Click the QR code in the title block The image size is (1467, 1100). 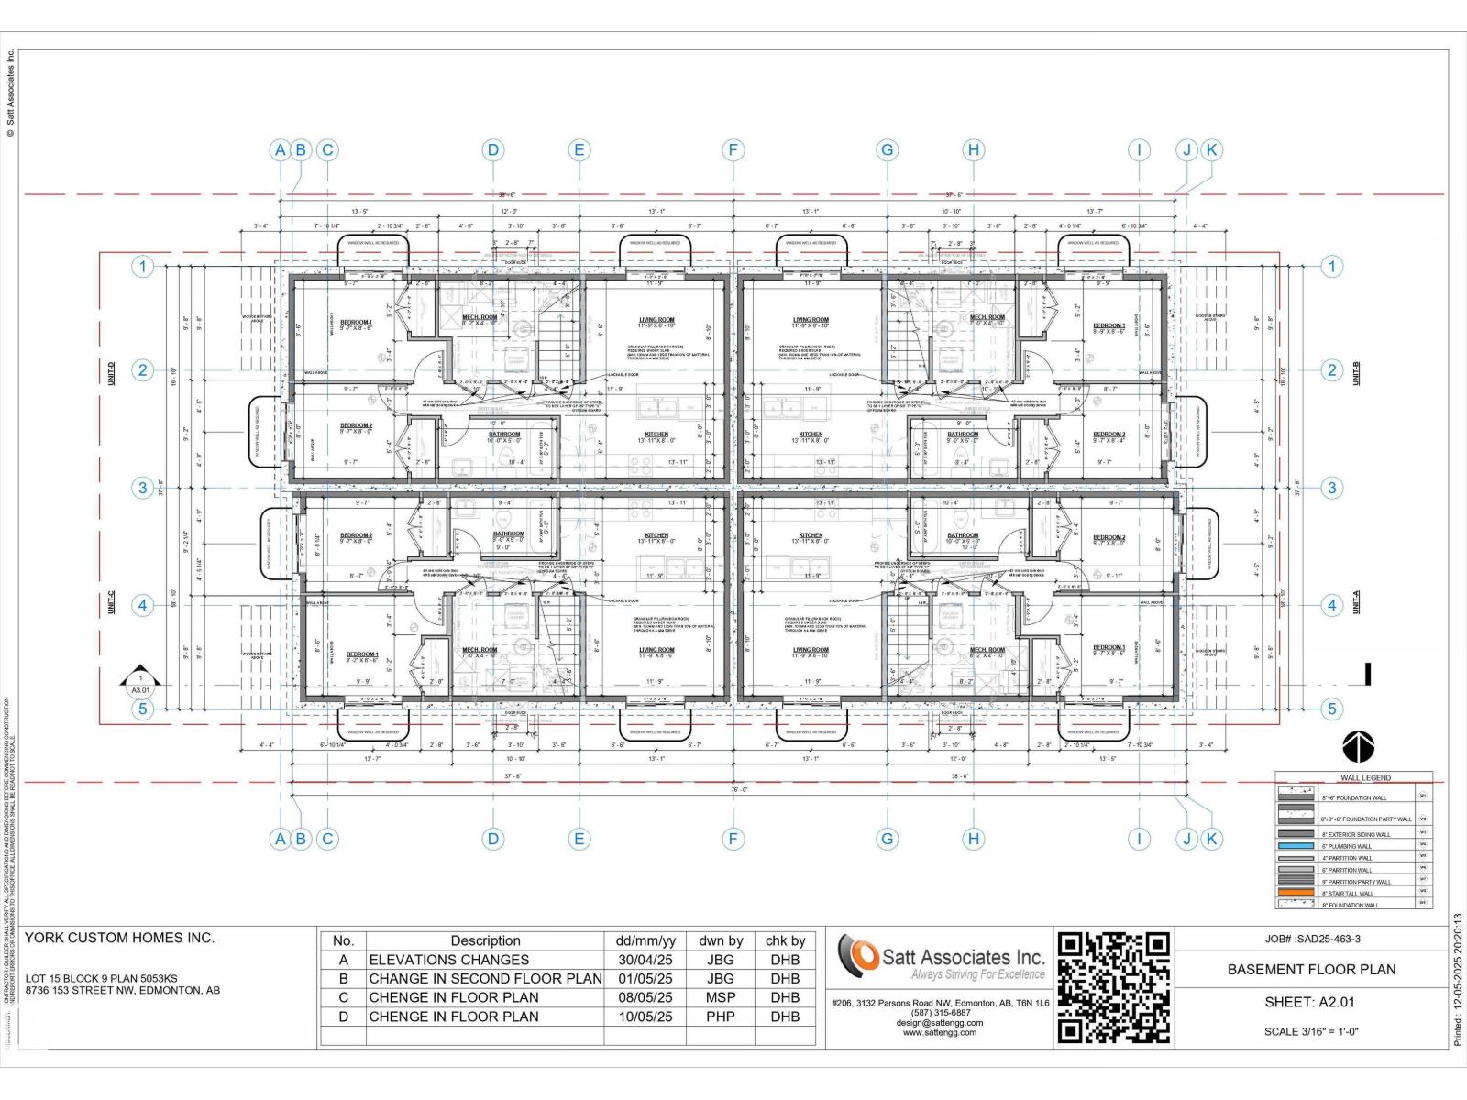[x=1114, y=988]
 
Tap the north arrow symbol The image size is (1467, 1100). [x=1358, y=748]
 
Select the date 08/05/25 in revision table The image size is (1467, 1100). [x=645, y=997]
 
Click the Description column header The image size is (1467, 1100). [x=485, y=940]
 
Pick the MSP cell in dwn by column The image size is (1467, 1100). [x=721, y=997]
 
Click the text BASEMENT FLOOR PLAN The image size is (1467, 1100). [x=1311, y=969]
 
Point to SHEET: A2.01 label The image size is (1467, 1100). [x=1309, y=1002]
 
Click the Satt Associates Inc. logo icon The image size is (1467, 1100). [x=858, y=956]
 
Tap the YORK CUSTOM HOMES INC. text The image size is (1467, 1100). [x=119, y=938]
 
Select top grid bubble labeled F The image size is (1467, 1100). [x=733, y=150]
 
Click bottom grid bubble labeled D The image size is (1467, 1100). [x=493, y=838]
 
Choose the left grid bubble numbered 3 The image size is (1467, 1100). [x=142, y=488]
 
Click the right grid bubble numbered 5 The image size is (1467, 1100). [x=1331, y=709]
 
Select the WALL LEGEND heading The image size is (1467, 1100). [x=1365, y=777]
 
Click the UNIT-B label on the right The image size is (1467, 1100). [x=1356, y=372]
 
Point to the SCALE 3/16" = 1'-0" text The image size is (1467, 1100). [x=1311, y=1031]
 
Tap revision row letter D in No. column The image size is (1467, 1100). [x=344, y=1017]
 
